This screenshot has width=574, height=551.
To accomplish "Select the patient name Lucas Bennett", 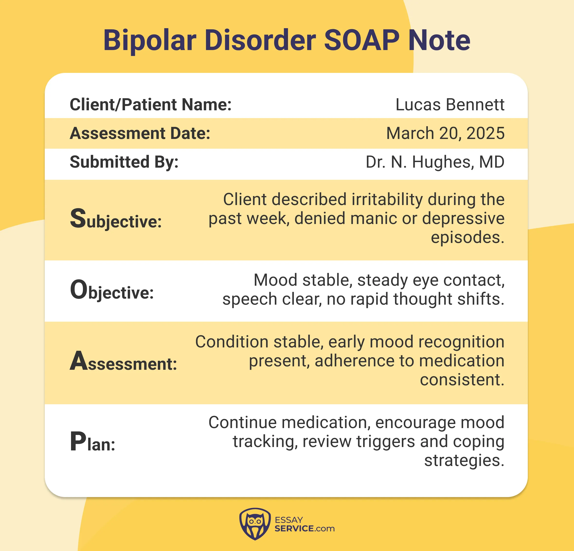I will point(449,105).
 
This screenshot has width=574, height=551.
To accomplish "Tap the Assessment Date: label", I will point(140,133).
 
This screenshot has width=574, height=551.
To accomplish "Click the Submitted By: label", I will point(124,162).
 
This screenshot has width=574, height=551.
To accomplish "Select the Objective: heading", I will point(112,290).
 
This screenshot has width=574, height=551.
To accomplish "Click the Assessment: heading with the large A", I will point(123,362).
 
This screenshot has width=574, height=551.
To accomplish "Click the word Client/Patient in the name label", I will point(122,105).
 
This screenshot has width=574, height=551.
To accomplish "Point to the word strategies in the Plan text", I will point(464,460).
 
